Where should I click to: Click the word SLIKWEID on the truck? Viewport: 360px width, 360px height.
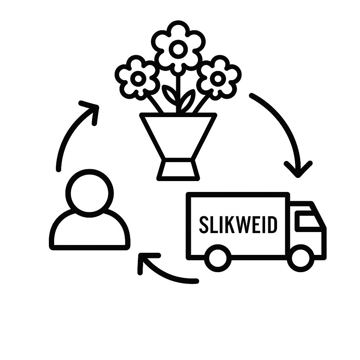[238, 225]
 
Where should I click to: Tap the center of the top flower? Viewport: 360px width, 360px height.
[178, 49]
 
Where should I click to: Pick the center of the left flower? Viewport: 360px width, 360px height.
[138, 78]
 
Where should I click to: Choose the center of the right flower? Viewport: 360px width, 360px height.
[218, 78]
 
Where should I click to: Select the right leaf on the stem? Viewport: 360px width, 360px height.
[187, 100]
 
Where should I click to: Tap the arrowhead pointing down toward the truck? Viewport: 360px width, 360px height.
[298, 169]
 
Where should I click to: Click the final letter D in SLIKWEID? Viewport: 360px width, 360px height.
[272, 225]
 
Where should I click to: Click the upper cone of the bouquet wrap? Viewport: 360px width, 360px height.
[178, 135]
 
